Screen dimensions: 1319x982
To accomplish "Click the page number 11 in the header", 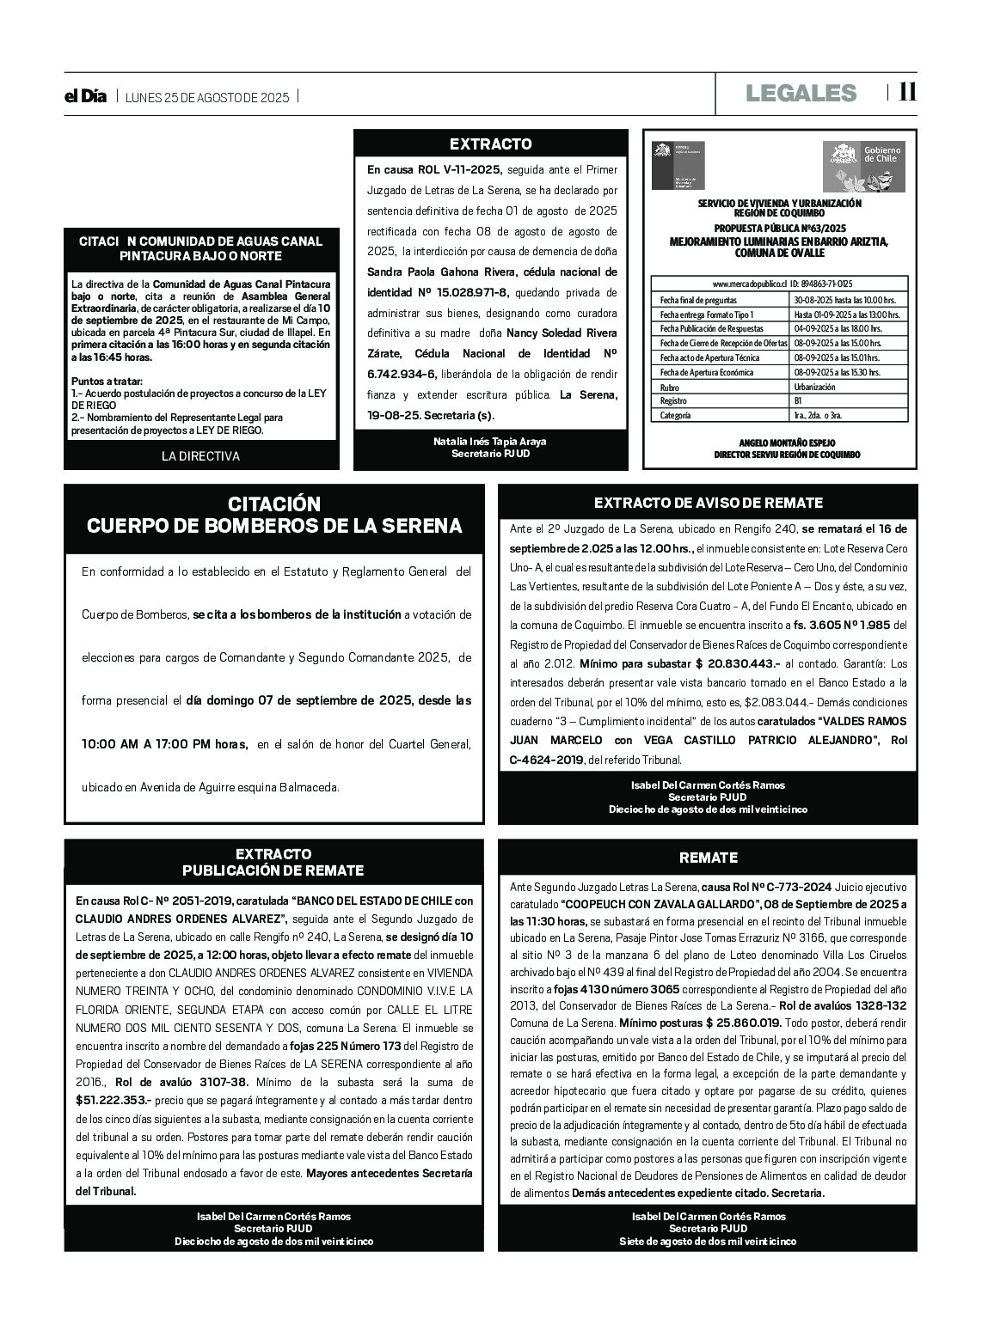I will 907,92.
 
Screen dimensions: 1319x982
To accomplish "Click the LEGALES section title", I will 801,93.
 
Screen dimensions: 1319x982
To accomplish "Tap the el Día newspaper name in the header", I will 85,96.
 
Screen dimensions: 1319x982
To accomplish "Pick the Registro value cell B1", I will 799,401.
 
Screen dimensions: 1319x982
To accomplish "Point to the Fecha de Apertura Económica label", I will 706,372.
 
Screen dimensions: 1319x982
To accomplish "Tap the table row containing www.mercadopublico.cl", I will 779,284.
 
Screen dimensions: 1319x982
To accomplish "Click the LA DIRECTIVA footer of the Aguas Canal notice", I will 200,456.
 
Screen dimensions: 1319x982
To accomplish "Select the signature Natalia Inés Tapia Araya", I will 490,442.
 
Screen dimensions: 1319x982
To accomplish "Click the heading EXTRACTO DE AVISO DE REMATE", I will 708,503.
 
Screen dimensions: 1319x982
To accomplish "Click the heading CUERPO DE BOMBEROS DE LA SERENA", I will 274,526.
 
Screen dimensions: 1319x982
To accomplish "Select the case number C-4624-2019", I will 546,760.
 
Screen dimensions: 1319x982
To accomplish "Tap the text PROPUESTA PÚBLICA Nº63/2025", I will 780,229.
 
